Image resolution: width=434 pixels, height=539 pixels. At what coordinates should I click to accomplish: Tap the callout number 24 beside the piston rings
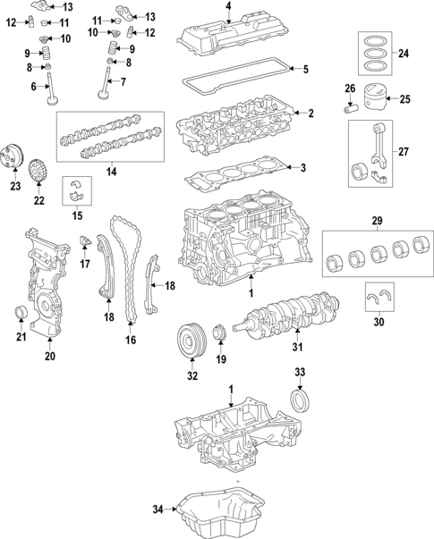tap(404, 55)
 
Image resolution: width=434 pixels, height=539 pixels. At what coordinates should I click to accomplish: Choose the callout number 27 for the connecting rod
tap(404, 152)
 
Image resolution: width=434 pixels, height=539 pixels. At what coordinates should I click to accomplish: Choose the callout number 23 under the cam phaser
tap(14, 186)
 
